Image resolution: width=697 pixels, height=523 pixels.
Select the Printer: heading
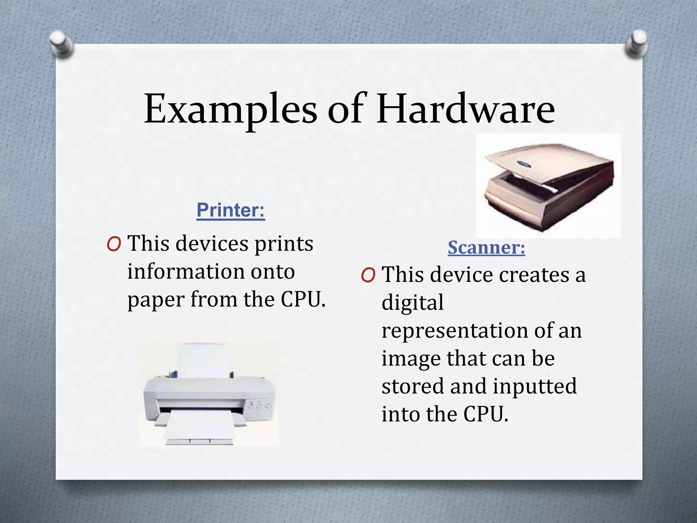click(230, 210)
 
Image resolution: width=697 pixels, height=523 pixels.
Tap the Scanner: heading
click(486, 247)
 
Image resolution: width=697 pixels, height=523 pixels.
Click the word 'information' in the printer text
click(186, 272)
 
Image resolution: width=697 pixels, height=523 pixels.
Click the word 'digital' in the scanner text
click(412, 302)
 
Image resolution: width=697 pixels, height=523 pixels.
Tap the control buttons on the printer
click(259, 405)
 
